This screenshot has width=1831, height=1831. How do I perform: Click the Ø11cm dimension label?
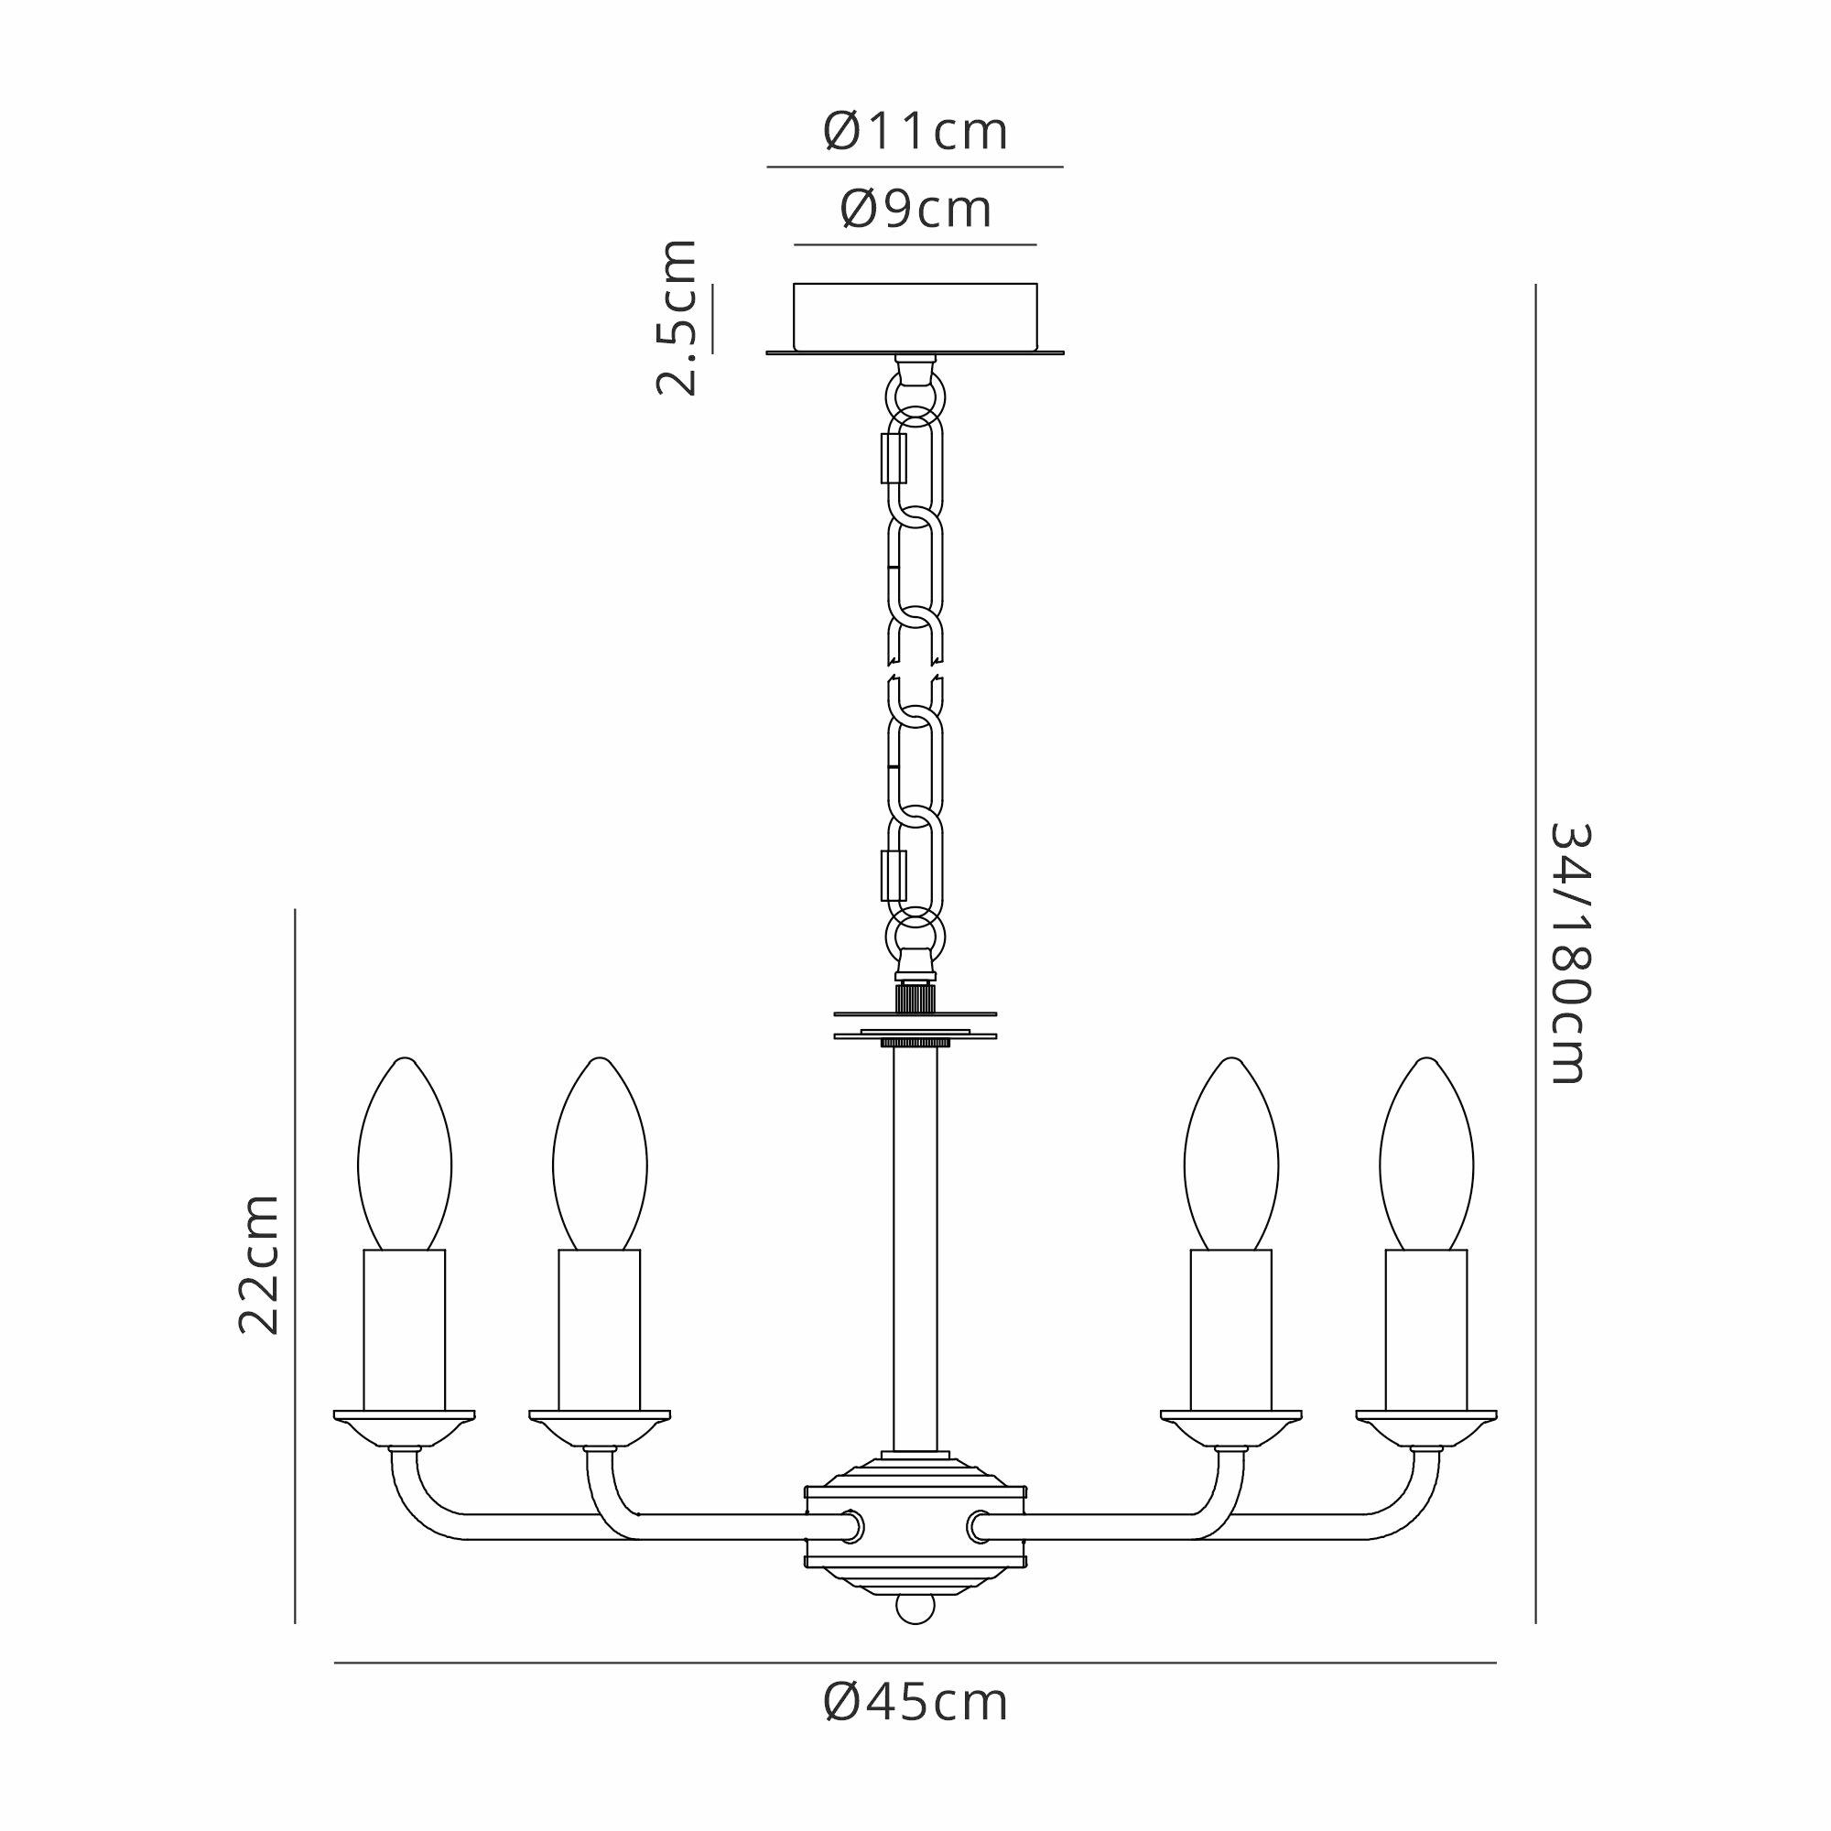[x=915, y=132]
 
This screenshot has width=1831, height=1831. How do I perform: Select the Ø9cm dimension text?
[x=915, y=210]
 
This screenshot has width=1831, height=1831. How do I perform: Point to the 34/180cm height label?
[x=1569, y=953]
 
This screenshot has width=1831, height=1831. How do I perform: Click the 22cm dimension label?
[x=259, y=1264]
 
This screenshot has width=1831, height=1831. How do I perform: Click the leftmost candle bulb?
[x=405, y=1154]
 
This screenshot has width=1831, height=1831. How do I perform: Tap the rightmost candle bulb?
[x=1426, y=1154]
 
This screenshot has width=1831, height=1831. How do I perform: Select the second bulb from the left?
[x=600, y=1154]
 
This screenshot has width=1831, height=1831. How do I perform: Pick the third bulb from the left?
[x=1231, y=1154]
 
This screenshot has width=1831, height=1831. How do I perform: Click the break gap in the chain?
[x=915, y=670]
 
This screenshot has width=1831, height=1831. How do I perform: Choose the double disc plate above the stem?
[x=915, y=1024]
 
